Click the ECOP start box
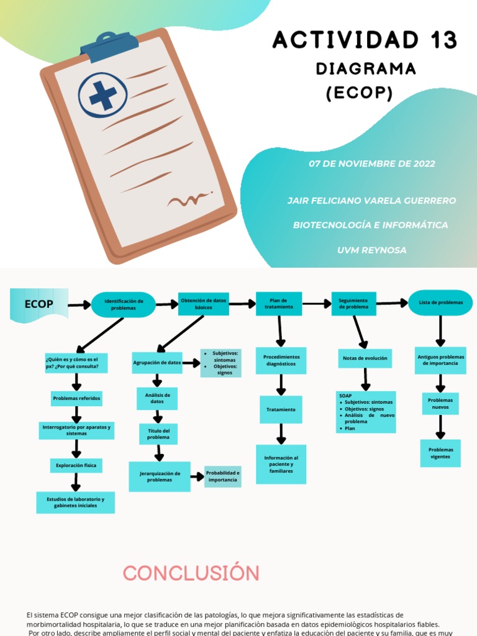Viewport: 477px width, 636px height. click(x=39, y=304)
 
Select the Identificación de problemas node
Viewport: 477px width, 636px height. click(x=123, y=304)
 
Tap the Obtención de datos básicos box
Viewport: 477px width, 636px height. click(x=203, y=304)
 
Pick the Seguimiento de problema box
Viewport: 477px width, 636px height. click(x=353, y=304)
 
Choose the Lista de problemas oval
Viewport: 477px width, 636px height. click(x=440, y=302)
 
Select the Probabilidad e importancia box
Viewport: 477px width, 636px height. click(x=222, y=476)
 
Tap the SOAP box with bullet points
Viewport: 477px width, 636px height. click(x=366, y=411)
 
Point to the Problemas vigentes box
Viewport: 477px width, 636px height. click(x=440, y=453)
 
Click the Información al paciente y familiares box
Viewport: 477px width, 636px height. click(x=281, y=464)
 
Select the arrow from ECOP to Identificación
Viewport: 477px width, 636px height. click(x=79, y=305)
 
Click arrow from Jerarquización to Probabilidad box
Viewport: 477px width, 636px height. click(x=197, y=476)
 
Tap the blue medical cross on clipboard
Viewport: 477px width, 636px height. click(x=103, y=97)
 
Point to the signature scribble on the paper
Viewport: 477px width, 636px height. click(x=189, y=200)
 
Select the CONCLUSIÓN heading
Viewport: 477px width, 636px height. click(x=191, y=573)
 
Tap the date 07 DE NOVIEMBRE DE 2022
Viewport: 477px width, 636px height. click(x=372, y=164)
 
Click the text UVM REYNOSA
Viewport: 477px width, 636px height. click(x=371, y=250)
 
